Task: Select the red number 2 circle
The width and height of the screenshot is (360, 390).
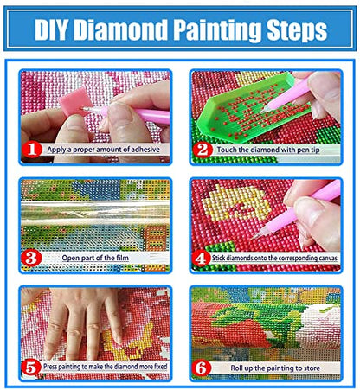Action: click(201, 150)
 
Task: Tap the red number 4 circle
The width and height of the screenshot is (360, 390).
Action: click(201, 258)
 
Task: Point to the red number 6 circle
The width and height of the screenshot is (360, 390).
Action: click(201, 368)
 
